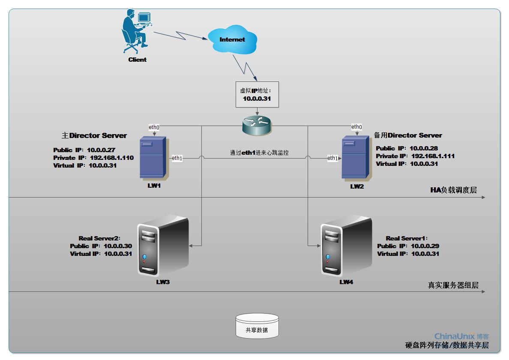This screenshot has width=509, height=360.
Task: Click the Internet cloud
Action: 232,39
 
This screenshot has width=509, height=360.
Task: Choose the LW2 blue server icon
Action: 355,157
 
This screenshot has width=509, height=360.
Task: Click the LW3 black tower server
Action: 163,249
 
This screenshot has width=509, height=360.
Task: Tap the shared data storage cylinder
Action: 257,326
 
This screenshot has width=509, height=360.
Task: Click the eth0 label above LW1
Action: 154,127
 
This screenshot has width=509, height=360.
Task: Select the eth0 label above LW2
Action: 356,127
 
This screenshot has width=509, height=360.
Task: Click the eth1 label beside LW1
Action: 177,158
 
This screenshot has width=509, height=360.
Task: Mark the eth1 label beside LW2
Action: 332,158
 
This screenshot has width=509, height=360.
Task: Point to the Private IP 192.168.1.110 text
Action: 93,158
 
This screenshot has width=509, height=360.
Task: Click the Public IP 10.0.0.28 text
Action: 407,148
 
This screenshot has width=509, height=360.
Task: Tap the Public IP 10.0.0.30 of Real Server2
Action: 101,246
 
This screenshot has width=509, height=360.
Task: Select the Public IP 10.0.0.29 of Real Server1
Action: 408,246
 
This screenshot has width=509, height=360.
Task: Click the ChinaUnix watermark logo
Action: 461,336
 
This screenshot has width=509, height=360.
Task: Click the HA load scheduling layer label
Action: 453,190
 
